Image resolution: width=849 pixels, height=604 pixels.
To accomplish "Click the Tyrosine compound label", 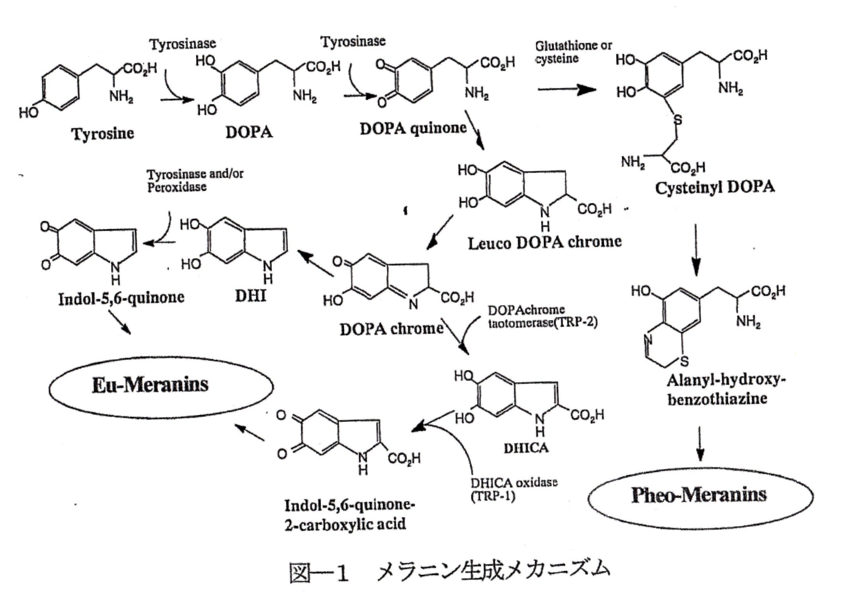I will coord(103,133).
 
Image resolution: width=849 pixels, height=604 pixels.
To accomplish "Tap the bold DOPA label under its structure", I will coord(249,132).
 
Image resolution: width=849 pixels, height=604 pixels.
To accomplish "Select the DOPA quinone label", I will coord(413,128).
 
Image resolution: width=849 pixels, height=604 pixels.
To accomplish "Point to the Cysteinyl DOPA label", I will coord(714,188).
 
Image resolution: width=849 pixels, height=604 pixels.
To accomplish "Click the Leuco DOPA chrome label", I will coord(545,243).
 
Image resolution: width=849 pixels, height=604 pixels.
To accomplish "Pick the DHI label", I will coord(251,296).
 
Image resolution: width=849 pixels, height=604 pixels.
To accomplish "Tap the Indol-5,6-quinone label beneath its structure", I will coord(121,298).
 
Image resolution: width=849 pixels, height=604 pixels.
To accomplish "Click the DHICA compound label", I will coord(526,448).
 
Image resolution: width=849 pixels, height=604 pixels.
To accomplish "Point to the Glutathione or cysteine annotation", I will coord(573,52).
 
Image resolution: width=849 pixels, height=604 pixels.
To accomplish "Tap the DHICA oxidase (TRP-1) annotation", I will coord(513,489).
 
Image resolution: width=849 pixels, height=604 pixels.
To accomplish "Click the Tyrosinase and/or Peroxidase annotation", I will coord(195,180).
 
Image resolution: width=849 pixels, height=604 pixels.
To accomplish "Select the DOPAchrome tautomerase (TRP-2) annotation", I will coord(542,316).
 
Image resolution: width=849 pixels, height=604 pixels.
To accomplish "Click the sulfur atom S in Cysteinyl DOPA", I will coord(678,120).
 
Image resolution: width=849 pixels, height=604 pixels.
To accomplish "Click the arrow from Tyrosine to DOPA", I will coord(177,100).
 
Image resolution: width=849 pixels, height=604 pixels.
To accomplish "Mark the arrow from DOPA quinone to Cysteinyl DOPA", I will coord(567,90).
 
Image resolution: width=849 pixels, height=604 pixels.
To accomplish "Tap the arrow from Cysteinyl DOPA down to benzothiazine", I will coord(696,250).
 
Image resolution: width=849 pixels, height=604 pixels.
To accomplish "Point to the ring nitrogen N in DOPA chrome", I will coord(413,303).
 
